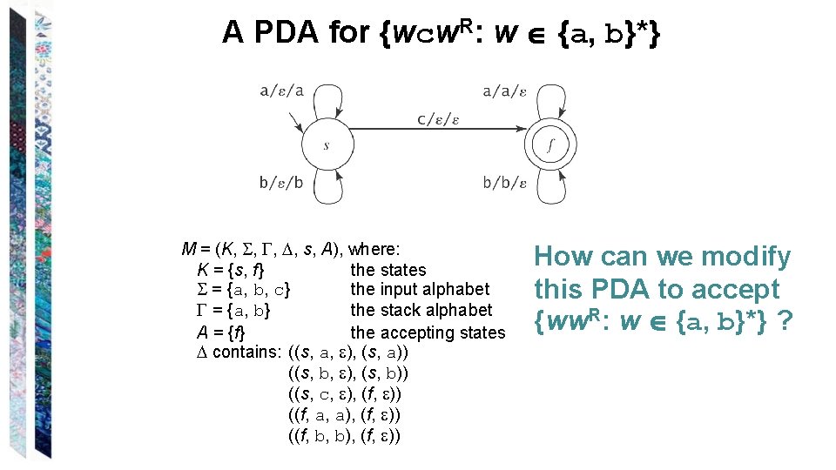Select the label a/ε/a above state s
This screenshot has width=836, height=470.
pyautogui.click(x=281, y=89)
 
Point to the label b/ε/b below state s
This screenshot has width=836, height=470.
pyautogui.click(x=281, y=183)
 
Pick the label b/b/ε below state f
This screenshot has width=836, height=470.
pyautogui.click(x=505, y=183)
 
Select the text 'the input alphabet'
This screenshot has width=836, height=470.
pyautogui.click(x=420, y=289)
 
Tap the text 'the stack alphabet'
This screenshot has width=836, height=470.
pyautogui.click(x=421, y=311)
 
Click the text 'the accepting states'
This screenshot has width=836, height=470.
pyautogui.click(x=428, y=332)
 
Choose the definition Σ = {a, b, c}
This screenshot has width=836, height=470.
pyautogui.click(x=245, y=290)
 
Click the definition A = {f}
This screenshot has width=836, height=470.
pyautogui.click(x=221, y=332)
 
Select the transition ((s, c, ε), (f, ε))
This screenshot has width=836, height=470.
pyautogui.click(x=344, y=394)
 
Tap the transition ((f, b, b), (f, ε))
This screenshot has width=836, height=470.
pyautogui.click(x=344, y=436)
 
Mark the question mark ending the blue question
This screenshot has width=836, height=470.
pyautogui.click(x=785, y=323)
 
